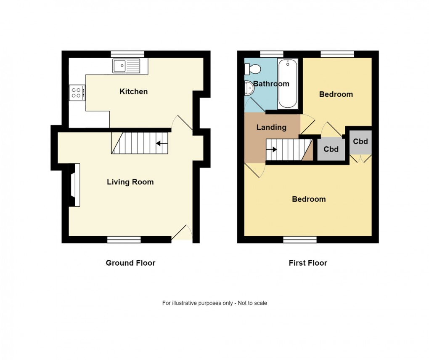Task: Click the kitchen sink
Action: point(126,65)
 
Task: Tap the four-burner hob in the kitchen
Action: point(77,92)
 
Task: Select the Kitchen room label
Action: point(133,91)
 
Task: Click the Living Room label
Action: point(130,182)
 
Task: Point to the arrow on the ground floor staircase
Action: point(160,144)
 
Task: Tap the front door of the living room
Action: point(182,234)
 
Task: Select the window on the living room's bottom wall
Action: point(124,240)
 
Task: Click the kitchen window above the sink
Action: point(127,54)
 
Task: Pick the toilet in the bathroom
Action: point(253,68)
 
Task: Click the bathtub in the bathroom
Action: point(288,83)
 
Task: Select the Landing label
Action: point(271,127)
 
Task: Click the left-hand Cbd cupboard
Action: point(331,149)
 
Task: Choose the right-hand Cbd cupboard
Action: point(360,141)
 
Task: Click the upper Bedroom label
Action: point(336,94)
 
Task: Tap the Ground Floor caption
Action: point(130,263)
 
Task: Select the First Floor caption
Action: point(307,263)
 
